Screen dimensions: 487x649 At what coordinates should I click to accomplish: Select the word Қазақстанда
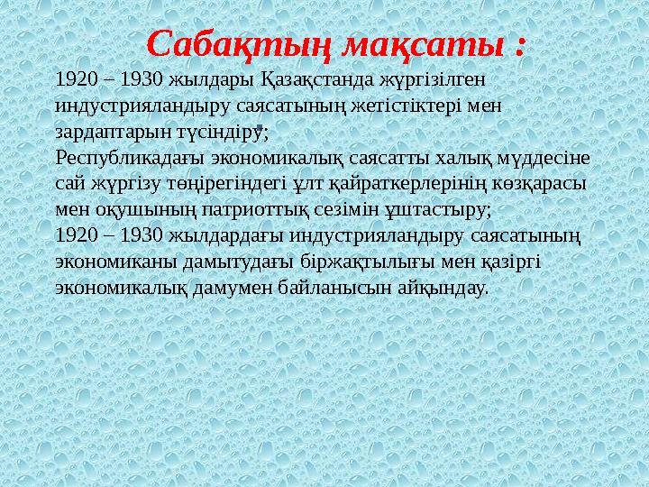pos(315,79)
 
